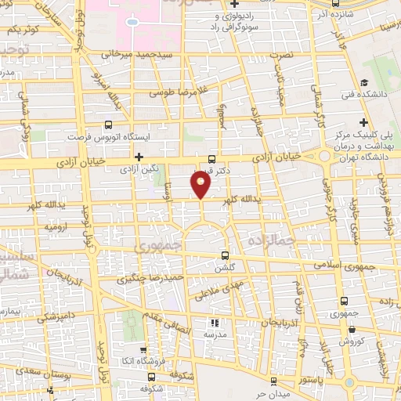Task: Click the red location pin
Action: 201,186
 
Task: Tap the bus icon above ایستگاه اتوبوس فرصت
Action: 108,124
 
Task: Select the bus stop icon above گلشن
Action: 226,255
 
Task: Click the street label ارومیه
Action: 55,227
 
